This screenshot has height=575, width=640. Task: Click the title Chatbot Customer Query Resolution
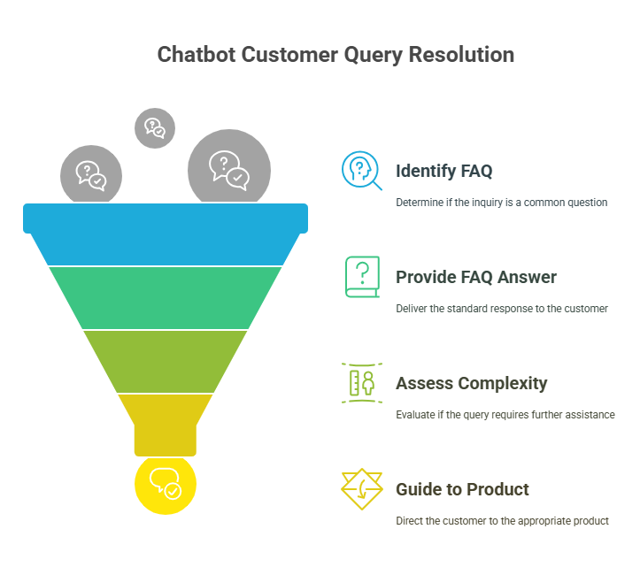335,55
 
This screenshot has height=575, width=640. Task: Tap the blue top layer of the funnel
166,234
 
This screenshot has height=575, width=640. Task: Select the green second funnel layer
166,297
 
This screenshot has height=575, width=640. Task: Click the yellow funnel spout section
166,423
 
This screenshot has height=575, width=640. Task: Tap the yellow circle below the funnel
166,485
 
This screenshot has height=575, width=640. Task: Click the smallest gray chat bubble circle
155,128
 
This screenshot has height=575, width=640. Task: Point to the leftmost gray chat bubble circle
91,175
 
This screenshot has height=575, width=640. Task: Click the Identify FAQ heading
443,171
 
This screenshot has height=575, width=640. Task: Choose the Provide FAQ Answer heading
476,277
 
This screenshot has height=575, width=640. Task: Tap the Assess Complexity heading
471,383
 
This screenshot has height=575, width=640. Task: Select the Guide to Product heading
462,489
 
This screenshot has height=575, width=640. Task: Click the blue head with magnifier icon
361,171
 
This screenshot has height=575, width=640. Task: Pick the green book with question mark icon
361,277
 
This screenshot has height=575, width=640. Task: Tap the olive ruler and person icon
361,383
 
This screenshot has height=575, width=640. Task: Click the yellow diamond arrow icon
361,489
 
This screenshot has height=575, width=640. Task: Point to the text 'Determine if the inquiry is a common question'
501,203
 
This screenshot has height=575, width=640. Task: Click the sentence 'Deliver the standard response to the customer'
501,309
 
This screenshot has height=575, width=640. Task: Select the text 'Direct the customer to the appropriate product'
502,521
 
